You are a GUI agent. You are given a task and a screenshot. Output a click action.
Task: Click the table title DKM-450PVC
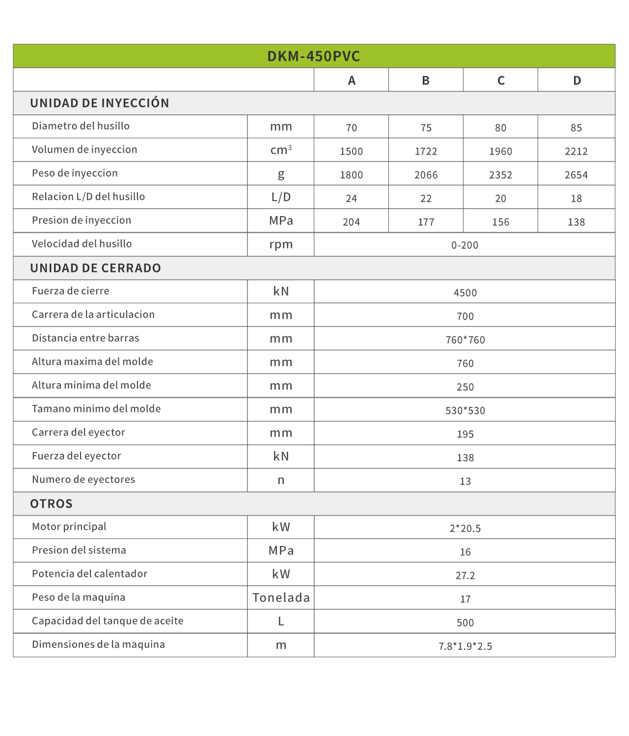pyautogui.click(x=314, y=56)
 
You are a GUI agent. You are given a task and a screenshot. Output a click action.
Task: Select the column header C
pyautogui.click(x=501, y=81)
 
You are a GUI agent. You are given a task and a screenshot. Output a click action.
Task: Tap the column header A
pyautogui.click(x=352, y=81)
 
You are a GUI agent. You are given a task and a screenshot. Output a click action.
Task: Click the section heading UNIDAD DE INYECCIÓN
pyautogui.click(x=100, y=103)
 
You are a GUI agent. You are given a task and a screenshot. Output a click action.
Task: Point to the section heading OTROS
pyautogui.click(x=52, y=504)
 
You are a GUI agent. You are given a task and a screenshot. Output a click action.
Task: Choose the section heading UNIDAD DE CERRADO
pyautogui.click(x=96, y=268)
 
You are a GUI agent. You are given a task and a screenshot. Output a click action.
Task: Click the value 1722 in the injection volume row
pyautogui.click(x=426, y=151)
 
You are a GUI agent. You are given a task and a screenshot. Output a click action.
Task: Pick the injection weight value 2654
pyautogui.click(x=576, y=175)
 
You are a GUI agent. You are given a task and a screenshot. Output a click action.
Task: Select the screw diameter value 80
pyautogui.click(x=500, y=128)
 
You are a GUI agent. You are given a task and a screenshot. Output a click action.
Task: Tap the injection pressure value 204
pyautogui.click(x=352, y=222)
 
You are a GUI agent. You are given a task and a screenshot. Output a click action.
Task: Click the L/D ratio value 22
pyautogui.click(x=426, y=198)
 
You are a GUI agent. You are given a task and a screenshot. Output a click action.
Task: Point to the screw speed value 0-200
pyautogui.click(x=465, y=245)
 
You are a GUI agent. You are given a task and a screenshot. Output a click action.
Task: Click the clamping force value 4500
pyautogui.click(x=465, y=293)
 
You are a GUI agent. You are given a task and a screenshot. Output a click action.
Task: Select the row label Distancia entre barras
pyautogui.click(x=85, y=338)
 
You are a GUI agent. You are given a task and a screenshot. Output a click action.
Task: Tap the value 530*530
pyautogui.click(x=465, y=410)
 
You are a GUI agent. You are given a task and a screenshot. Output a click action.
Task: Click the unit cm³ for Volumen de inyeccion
pyautogui.click(x=281, y=150)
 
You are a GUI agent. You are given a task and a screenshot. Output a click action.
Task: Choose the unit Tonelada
pyautogui.click(x=281, y=598)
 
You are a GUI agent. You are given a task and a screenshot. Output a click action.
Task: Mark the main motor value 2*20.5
pyautogui.click(x=465, y=528)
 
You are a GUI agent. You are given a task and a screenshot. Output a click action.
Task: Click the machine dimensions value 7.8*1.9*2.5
pyautogui.click(x=465, y=646)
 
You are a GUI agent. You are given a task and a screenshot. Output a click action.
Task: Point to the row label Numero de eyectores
pyautogui.click(x=83, y=480)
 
